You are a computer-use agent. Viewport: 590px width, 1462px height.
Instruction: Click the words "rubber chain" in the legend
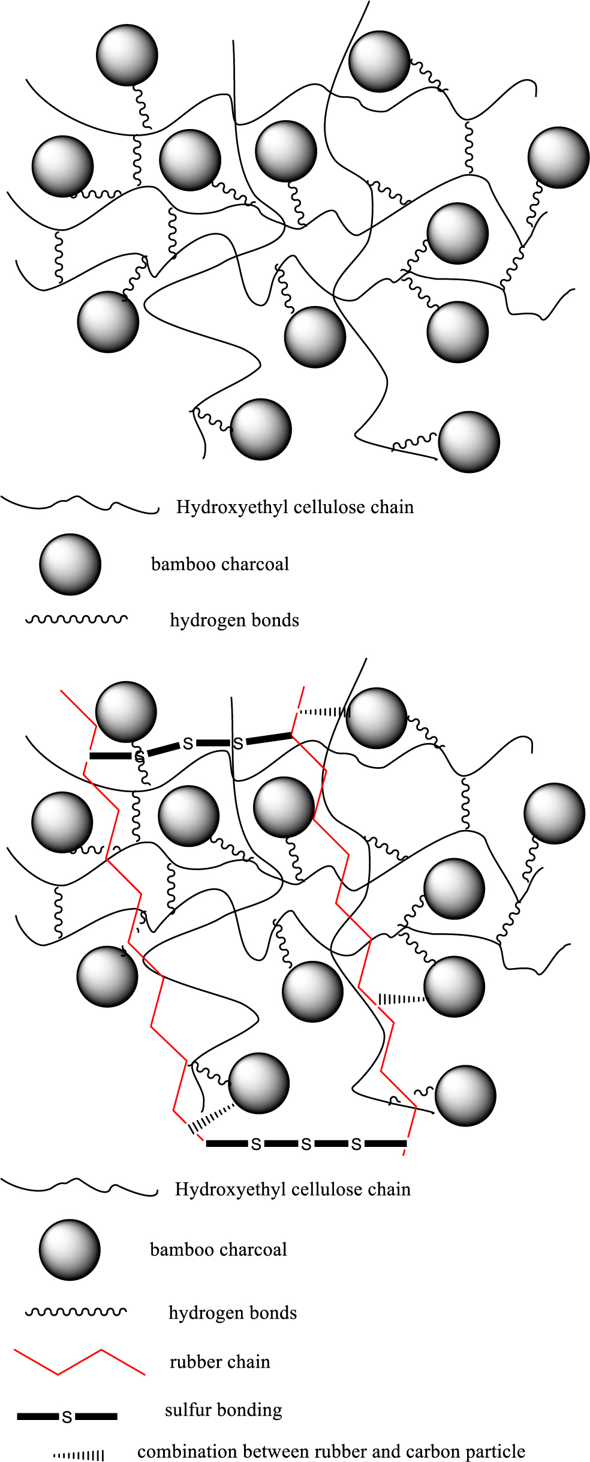pos(219,1362)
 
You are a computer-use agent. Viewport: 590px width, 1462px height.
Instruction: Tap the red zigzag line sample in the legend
pos(79,1362)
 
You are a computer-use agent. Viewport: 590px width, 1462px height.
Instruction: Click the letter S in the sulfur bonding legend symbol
pos(67,1417)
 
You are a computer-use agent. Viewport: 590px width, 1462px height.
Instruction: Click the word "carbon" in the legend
pos(437,1451)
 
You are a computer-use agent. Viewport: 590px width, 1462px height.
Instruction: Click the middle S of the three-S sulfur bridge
pos(306,1145)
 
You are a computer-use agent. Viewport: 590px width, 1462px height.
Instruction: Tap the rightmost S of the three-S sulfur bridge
pos(356,1145)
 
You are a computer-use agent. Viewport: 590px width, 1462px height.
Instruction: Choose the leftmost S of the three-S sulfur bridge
pos(256,1145)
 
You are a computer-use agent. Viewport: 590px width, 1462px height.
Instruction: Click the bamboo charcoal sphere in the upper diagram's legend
pos(70,564)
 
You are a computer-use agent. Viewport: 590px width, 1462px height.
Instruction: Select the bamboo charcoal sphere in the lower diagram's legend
pos(70,1250)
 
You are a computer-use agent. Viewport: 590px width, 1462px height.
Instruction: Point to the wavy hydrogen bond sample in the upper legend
pos(76,619)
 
